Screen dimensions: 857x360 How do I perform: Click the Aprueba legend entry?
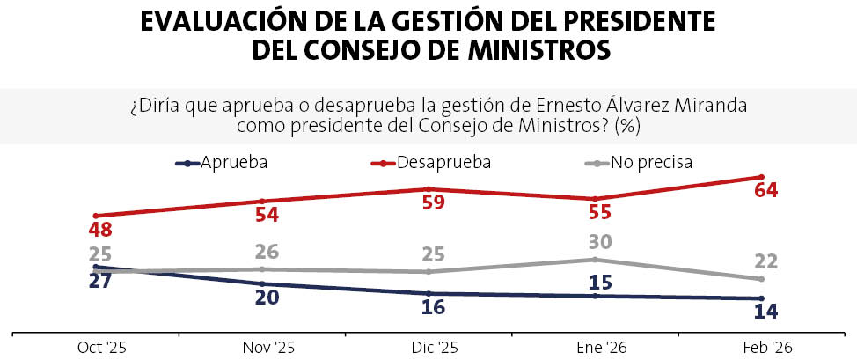coord(222,163)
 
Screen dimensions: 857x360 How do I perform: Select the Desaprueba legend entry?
coord(431,163)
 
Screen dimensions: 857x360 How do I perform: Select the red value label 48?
coord(100,230)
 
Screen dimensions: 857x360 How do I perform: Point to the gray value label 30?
coord(599,242)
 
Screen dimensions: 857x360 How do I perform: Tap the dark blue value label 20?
coord(267,298)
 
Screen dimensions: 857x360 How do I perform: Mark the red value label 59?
coord(433,202)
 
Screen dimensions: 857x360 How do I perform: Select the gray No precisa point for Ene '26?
coord(594,259)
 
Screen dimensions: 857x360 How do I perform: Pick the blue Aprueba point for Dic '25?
coord(428,294)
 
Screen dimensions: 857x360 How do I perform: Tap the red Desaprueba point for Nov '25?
coord(262,201)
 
